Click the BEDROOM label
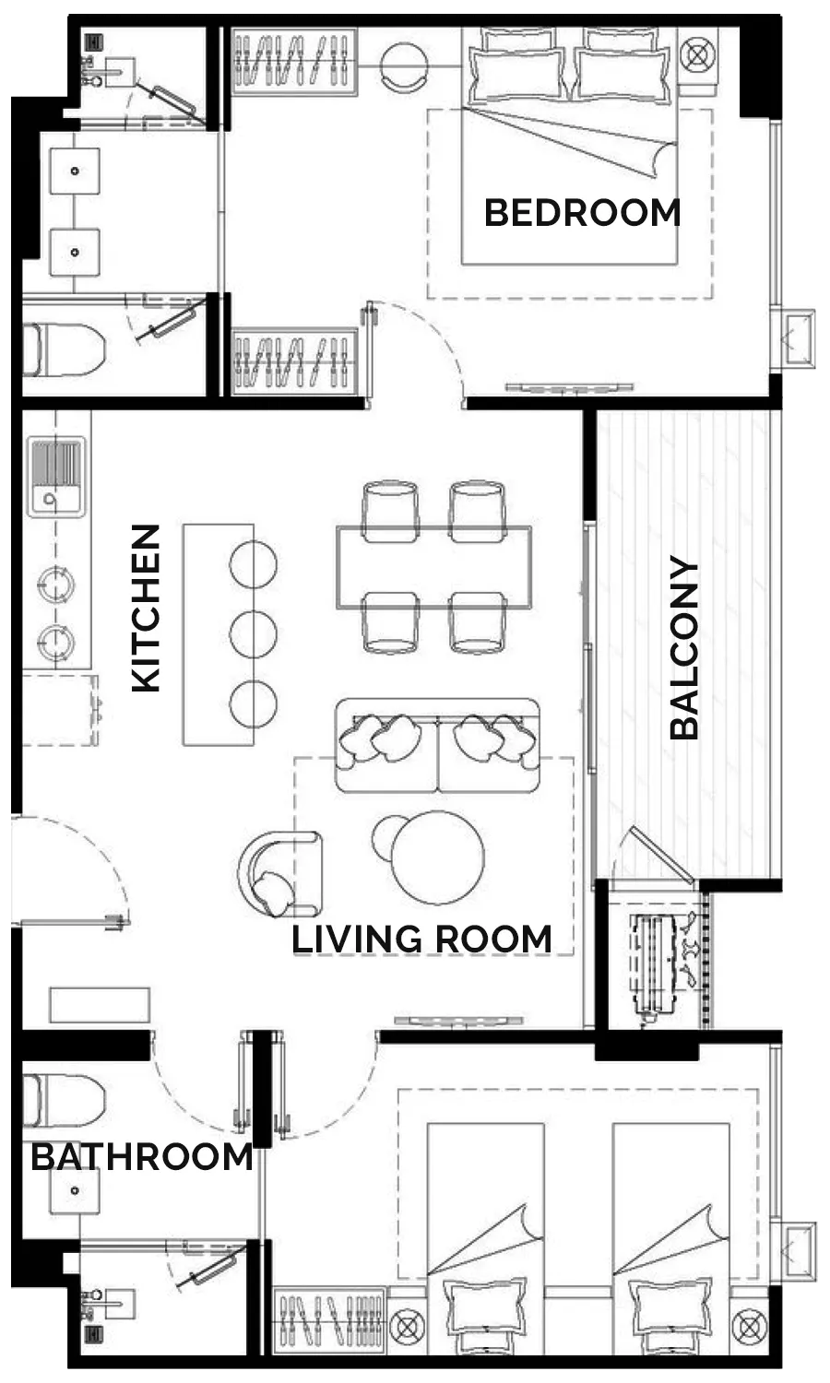(x=582, y=213)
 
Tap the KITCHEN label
(x=147, y=609)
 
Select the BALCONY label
(x=684, y=647)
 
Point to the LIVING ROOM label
(x=421, y=940)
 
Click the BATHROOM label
(x=141, y=1156)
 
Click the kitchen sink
(x=57, y=477)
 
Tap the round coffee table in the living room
(x=438, y=857)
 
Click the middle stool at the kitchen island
(x=254, y=634)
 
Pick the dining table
(x=434, y=567)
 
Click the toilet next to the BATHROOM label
(x=64, y=1100)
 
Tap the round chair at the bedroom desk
(x=405, y=66)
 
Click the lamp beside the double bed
(x=697, y=55)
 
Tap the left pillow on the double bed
(x=517, y=74)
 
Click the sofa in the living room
(x=437, y=746)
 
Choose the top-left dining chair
(x=390, y=512)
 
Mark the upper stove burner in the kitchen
(x=56, y=584)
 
